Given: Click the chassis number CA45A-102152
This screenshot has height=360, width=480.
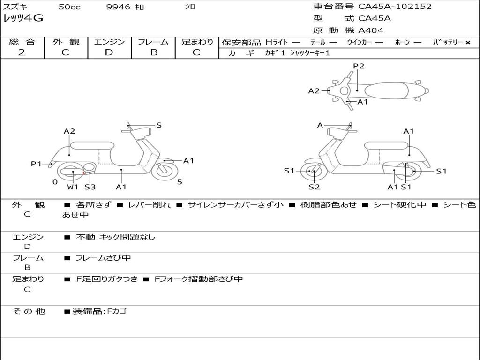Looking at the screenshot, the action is tap(395, 7).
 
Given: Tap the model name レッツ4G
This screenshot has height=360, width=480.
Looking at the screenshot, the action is tap(23, 19).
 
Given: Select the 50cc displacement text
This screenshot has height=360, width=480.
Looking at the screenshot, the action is tap(69, 7).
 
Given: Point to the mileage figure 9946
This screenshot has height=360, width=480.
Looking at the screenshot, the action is tap(118, 7).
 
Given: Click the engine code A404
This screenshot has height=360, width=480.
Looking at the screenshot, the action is tap(371, 30).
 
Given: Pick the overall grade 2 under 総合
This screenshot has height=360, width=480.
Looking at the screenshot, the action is tap(22, 52).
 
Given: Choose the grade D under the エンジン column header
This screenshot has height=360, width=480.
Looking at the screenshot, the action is tap(109, 52).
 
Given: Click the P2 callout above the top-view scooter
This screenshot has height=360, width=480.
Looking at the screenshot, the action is tap(359, 66).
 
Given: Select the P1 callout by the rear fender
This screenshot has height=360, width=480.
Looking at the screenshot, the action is tap(37, 164).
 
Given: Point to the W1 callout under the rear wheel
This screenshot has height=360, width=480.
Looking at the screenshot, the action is tap(73, 187).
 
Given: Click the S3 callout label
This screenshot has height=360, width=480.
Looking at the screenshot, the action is tap(90, 187).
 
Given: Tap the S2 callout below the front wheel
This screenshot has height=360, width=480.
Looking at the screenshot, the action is tap(314, 187).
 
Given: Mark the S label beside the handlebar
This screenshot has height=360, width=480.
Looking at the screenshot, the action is tap(159, 125).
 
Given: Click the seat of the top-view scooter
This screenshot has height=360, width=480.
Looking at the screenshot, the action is tap(385, 90).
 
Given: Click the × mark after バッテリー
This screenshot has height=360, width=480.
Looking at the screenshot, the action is tap(467, 42).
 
